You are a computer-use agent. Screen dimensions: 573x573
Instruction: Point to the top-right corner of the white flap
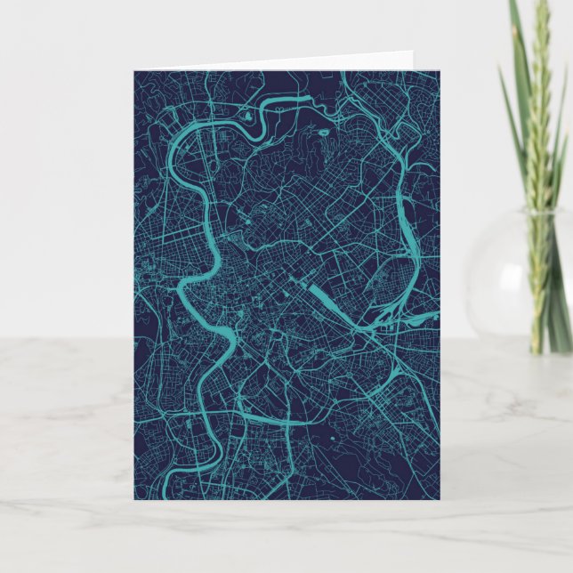click(413, 52)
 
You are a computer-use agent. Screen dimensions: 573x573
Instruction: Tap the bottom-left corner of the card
click(134, 500)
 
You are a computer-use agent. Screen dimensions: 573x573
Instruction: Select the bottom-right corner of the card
click(440, 500)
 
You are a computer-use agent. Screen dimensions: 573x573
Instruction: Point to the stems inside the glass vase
click(538, 285)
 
